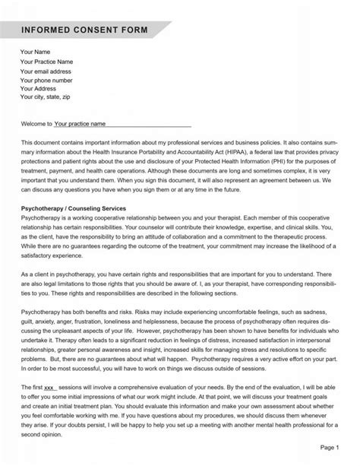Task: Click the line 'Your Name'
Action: point(35,52)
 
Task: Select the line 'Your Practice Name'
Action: point(46,62)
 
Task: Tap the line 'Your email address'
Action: point(47,71)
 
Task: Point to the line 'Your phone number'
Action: point(46,80)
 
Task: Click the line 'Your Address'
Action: point(39,88)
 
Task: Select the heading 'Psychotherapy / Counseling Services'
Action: point(84,208)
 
